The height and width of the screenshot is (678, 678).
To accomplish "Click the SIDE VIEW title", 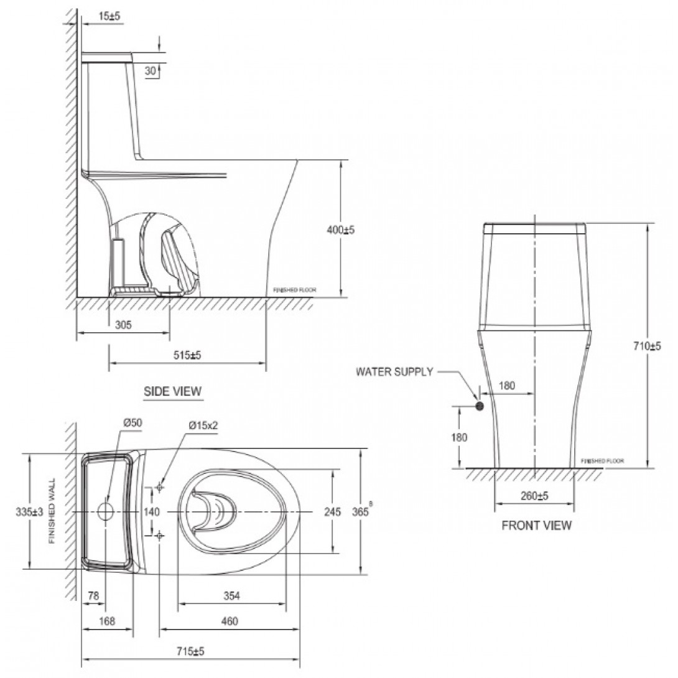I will point(172,391).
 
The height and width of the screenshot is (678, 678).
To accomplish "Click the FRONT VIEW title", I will point(536,526).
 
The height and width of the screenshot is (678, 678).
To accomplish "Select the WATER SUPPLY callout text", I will point(394,372).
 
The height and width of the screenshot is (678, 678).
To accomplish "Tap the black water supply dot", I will point(480,406).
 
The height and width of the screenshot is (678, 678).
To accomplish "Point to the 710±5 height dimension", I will point(647,346).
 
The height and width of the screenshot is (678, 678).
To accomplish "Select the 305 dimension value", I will point(123,325).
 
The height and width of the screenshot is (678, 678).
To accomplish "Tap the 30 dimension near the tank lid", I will point(150,71).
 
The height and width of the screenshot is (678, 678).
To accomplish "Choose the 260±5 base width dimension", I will point(534,496).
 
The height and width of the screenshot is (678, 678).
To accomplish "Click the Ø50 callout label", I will point(133,423).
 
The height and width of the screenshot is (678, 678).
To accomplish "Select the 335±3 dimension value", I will point(30,512).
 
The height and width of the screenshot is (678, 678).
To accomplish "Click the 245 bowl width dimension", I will point(332,512).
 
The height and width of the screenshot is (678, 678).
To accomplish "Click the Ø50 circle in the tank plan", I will point(106,511).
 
